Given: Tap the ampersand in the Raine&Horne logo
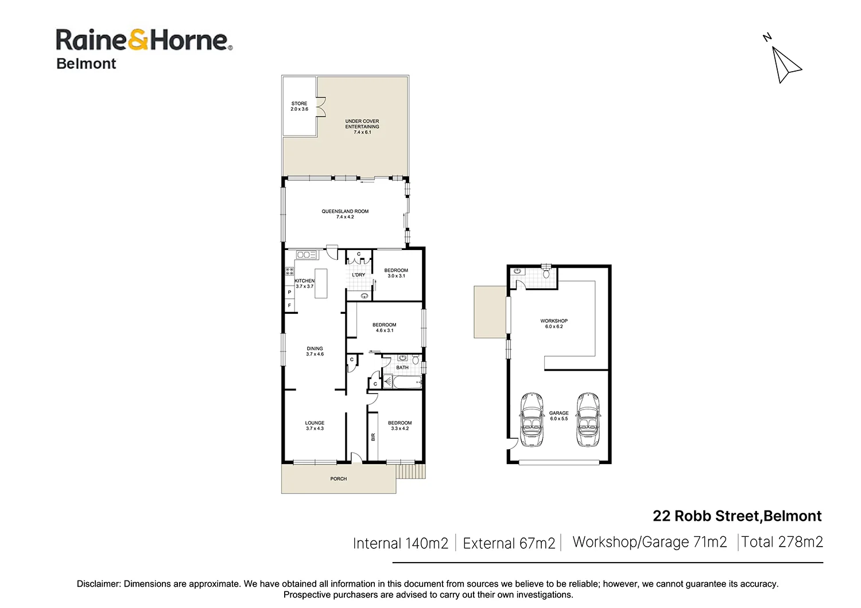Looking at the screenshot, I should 138,40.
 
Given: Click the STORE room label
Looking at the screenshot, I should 299,106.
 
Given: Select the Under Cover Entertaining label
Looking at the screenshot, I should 362,127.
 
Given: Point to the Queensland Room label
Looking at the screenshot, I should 345,214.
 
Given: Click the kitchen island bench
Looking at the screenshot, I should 321,283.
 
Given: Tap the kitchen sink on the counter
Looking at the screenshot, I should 306,255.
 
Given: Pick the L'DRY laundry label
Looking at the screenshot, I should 358,275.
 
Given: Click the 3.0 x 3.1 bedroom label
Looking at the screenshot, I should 396,273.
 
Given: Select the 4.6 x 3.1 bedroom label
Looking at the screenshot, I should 384,328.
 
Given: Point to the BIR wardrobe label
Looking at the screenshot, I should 373,436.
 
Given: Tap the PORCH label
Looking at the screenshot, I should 339,479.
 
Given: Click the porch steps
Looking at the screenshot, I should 411,471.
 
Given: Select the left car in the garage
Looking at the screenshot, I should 532,419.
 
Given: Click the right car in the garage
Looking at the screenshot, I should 588,419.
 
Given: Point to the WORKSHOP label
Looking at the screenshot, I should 554,324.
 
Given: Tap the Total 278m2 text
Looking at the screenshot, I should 782,542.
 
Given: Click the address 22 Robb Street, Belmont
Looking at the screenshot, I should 737,516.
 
